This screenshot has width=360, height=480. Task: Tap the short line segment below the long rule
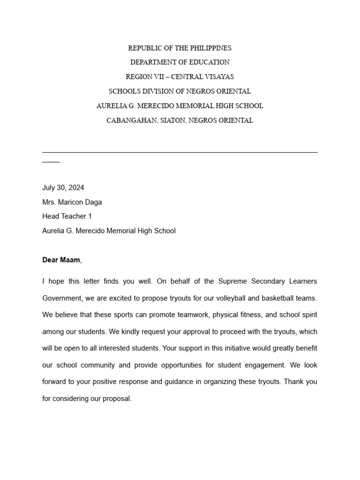click(51, 162)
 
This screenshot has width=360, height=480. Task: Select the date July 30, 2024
click(63, 187)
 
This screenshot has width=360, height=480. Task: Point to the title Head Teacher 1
click(67, 216)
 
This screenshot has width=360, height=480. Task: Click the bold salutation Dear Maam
click(61, 260)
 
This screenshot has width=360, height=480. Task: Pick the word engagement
click(265, 365)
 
